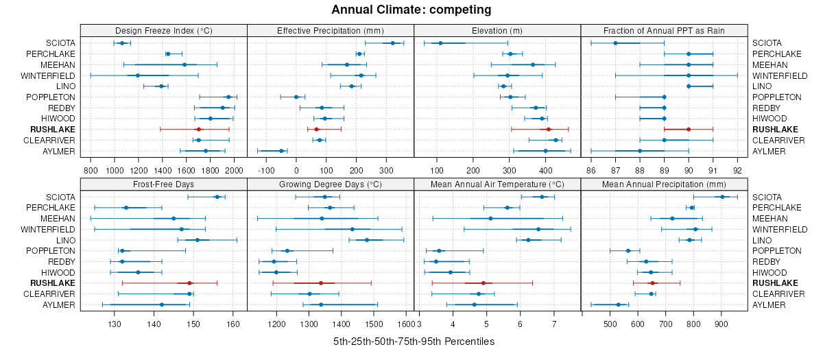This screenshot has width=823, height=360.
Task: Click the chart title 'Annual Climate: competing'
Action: tap(411, 10)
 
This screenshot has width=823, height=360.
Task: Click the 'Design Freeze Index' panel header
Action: tap(163, 30)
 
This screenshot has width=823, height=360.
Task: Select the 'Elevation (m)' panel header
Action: tap(497, 30)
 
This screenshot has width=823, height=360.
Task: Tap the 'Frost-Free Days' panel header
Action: tap(163, 184)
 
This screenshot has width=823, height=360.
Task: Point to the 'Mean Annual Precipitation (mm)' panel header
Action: tap(664, 184)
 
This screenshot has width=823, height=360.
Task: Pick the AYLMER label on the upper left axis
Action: tap(59, 151)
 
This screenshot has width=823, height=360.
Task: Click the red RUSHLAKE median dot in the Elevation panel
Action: tap(549, 129)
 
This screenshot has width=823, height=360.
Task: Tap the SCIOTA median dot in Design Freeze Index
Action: tap(122, 43)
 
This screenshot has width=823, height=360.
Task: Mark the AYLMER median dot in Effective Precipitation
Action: tap(281, 151)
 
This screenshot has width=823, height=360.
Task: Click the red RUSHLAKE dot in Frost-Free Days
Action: tap(190, 283)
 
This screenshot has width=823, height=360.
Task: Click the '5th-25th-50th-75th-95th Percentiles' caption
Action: tap(414, 341)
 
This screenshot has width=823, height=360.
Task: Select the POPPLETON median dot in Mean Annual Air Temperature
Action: tap(439, 251)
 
